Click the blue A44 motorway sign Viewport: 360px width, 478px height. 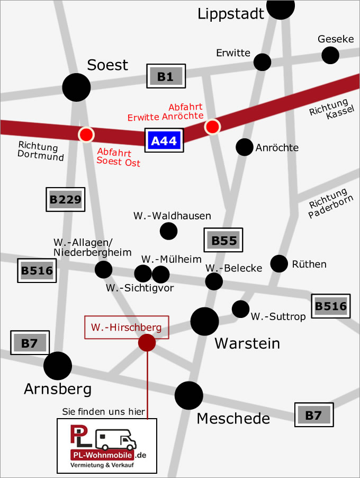(x=165, y=140)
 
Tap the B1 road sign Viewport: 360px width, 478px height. (x=166, y=77)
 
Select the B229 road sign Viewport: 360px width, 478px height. (x=65, y=200)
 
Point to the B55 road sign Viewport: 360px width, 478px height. (x=223, y=240)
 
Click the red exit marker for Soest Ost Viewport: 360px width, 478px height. (x=85, y=134)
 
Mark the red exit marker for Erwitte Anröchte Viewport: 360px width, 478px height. (x=212, y=126)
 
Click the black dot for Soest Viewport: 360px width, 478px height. (x=77, y=87)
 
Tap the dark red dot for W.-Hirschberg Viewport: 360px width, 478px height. (x=147, y=342)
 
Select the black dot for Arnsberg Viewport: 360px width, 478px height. (x=58, y=365)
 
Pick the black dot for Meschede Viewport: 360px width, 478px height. (x=188, y=395)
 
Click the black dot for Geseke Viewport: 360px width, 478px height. (x=330, y=55)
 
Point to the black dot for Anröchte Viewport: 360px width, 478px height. (x=245, y=147)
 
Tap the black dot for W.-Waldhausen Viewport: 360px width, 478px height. (x=168, y=231)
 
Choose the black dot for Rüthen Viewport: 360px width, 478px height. (x=279, y=263)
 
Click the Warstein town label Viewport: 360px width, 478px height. (x=247, y=344)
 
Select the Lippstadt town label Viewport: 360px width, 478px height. (x=231, y=14)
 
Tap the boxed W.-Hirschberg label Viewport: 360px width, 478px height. (x=127, y=327)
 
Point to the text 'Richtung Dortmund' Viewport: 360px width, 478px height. (x=41, y=151)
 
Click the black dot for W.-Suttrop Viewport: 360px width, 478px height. (x=240, y=308)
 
